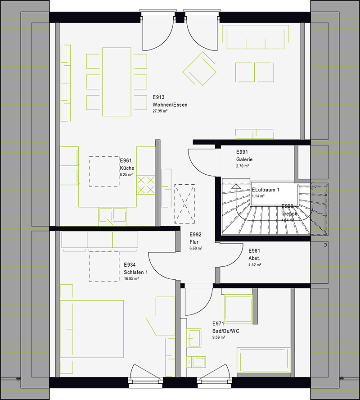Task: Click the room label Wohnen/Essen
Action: coord(170,105)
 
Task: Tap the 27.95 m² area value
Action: coord(162,111)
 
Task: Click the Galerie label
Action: coord(244,159)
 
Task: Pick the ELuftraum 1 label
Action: coord(265,190)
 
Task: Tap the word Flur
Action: coord(194,242)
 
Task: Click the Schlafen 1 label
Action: coord(136,273)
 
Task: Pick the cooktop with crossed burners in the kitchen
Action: coord(145,185)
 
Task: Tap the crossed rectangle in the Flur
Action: coord(184,203)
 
